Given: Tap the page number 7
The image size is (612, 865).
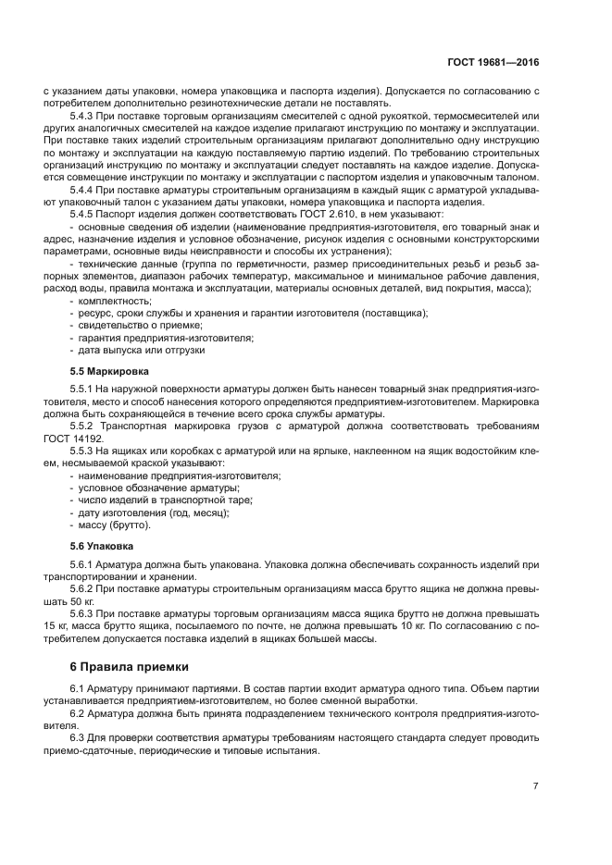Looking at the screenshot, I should [x=535, y=785].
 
